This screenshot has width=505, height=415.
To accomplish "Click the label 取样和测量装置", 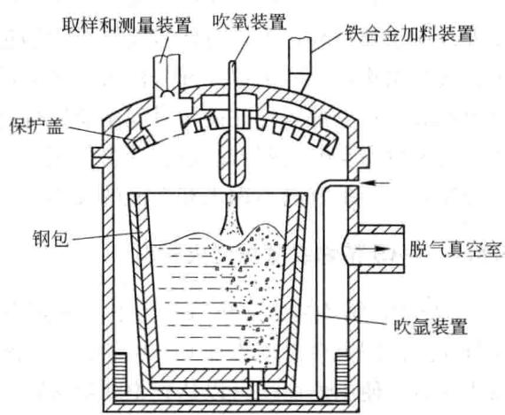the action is pyautogui.click(x=127, y=25).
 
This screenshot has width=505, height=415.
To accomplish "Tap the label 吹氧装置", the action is pyautogui.click(x=249, y=22).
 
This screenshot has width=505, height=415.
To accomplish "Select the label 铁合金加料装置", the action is pyautogui.click(x=409, y=33).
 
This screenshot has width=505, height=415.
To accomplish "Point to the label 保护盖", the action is pyautogui.click(x=36, y=126).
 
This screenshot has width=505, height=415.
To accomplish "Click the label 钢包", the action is pyautogui.click(x=50, y=238).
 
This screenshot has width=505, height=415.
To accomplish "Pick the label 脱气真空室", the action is pyautogui.click(x=455, y=249).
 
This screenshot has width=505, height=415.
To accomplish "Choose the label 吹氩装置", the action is pyautogui.click(x=431, y=327).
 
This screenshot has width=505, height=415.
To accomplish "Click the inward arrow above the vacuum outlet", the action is pyautogui.click(x=376, y=183).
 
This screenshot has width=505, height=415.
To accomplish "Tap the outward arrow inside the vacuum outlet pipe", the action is pyautogui.click(x=373, y=249).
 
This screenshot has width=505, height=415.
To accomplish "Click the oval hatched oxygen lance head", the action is pyautogui.click(x=233, y=159).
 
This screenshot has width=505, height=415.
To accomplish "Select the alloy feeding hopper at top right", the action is pyautogui.click(x=299, y=64).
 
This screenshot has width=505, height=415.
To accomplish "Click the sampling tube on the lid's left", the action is pyautogui.click(x=167, y=73).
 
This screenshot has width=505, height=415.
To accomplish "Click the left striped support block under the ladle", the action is pyautogui.click(x=120, y=373).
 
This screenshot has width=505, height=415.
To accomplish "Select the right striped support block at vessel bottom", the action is pyautogui.click(x=342, y=373).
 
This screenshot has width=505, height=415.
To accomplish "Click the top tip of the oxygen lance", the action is pyautogui.click(x=232, y=62).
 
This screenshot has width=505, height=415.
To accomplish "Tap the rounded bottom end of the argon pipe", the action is pyautogui.click(x=320, y=397).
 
